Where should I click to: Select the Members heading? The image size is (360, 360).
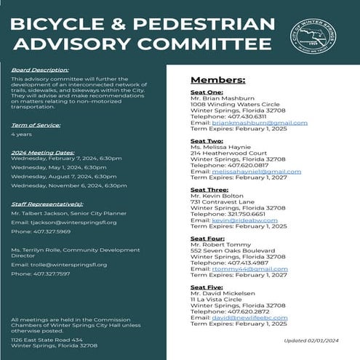[x=207, y=79]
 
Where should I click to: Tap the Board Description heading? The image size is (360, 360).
[x=35, y=70]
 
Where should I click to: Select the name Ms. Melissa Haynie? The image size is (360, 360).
[x=221, y=147]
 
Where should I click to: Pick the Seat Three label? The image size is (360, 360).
[x=209, y=189]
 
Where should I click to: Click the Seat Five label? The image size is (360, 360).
[x=207, y=287]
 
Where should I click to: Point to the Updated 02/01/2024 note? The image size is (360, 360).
[x=310, y=340]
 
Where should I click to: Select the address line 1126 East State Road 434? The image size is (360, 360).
[x=46, y=339]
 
